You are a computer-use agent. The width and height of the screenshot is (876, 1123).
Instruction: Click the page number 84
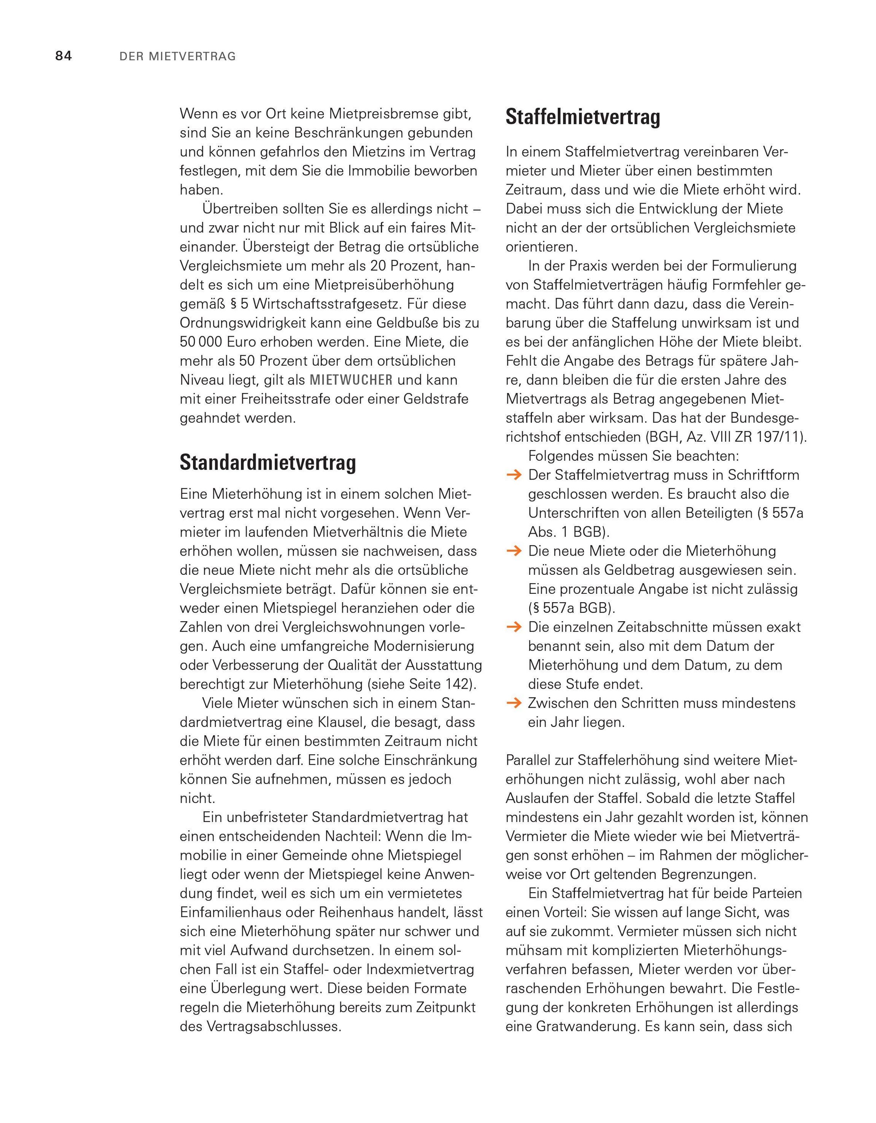point(64,56)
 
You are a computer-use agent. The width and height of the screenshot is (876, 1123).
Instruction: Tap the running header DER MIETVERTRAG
point(177,57)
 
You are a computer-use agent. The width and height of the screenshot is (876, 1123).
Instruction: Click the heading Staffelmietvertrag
point(583,117)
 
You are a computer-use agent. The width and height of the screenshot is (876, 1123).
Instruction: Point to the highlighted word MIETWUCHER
point(351,380)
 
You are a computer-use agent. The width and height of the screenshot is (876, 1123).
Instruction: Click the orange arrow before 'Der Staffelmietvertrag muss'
point(514,475)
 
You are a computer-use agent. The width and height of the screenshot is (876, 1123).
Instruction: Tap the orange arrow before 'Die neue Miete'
point(514,551)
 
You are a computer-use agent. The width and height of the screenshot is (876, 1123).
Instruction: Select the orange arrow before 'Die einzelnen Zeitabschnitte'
point(514,627)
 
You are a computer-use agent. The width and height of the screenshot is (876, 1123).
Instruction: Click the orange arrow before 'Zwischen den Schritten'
point(514,703)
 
